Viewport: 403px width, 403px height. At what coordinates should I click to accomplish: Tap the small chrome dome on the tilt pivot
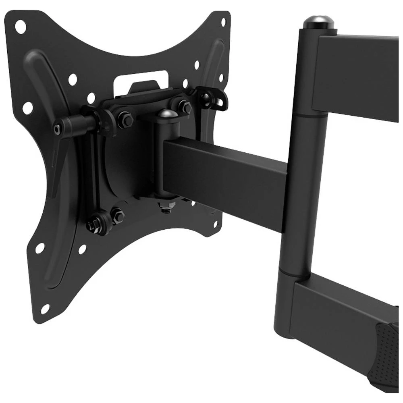click(x=167, y=114)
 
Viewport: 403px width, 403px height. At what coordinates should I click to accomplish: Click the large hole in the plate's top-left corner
click(x=20, y=27)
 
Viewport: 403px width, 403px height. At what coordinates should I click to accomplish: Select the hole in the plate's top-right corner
click(x=223, y=22)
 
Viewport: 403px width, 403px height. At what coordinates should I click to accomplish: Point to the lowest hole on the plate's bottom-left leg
click(x=45, y=309)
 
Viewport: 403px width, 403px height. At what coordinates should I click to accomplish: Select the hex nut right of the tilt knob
click(x=125, y=120)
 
